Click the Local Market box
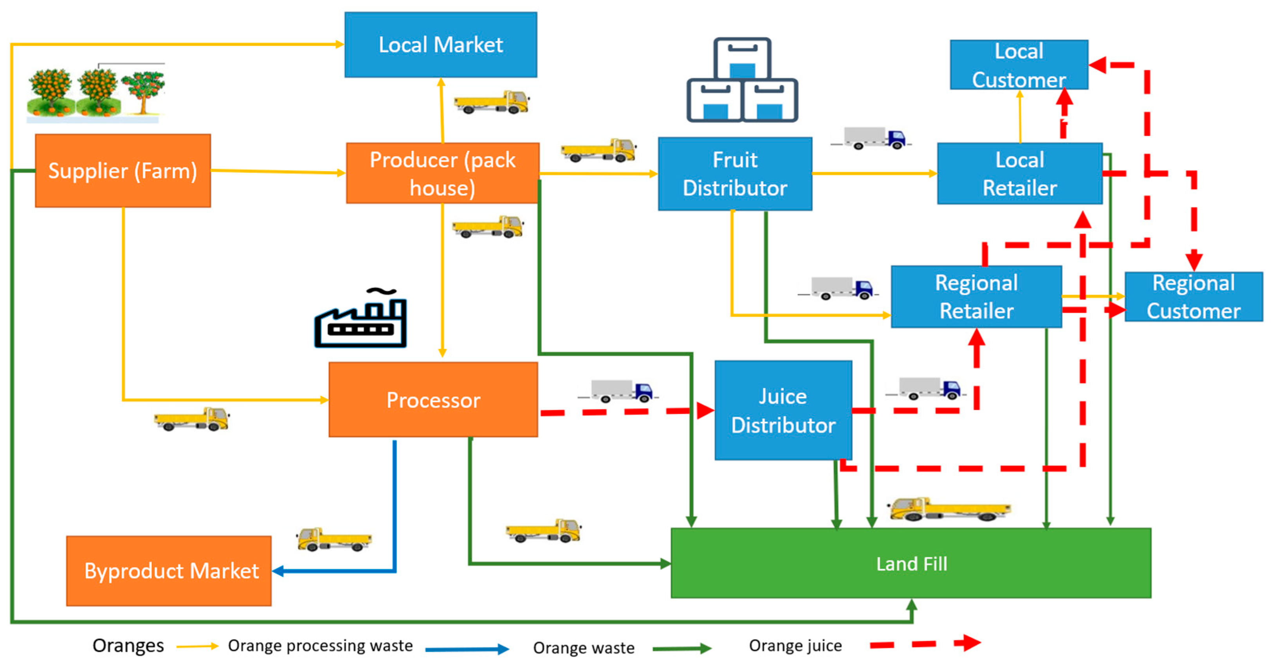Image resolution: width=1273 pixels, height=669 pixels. [x=440, y=45]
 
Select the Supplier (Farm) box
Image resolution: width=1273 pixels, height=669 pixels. [x=123, y=170]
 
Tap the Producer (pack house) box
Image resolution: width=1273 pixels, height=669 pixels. [x=442, y=173]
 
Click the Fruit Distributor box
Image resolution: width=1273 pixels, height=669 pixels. [x=734, y=174]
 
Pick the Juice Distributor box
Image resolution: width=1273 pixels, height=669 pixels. [x=783, y=410]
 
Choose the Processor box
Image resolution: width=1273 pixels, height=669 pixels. [x=433, y=400]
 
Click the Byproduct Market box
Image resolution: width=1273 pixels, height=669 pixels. [x=169, y=571]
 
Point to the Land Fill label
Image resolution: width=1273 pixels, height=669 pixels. [x=911, y=564]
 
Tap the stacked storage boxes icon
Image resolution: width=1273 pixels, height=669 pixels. [x=742, y=80]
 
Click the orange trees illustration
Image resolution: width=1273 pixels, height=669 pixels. [x=96, y=94]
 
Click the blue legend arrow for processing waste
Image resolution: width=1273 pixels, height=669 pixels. [x=467, y=649]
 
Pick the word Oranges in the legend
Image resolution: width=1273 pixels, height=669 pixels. [x=128, y=645]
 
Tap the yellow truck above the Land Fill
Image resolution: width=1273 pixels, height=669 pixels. [x=949, y=509]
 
